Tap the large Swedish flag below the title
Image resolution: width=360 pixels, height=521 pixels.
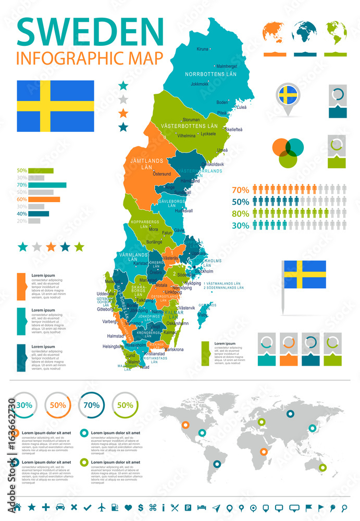[x=55, y=106]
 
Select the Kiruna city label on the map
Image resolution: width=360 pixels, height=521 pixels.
[x=202, y=49]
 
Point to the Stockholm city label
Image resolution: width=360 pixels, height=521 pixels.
[x=204, y=271]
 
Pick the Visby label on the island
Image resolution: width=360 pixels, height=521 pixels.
[x=203, y=315]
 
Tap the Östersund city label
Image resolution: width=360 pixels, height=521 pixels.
[x=162, y=173]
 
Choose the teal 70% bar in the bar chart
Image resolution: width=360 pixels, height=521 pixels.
[x=47, y=185]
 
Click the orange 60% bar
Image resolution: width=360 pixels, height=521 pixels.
[x=44, y=199]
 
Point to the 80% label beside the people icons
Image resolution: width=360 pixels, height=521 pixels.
[x=240, y=213]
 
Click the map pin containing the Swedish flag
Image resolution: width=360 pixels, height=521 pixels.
[x=288, y=96]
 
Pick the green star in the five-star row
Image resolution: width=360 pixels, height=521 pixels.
[x=79, y=246]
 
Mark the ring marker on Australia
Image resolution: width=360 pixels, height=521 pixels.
[x=322, y=467]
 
